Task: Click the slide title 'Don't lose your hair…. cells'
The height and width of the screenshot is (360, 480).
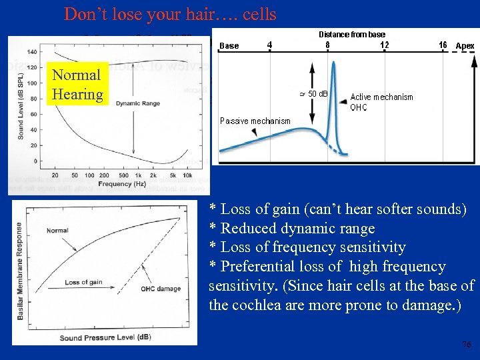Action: click(169, 13)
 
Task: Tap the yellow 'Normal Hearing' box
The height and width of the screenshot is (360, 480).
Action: click(77, 85)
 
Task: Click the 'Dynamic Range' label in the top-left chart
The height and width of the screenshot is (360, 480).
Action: click(137, 103)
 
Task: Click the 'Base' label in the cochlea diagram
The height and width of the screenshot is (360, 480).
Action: click(229, 46)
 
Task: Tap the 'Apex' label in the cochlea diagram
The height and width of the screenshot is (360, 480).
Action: click(465, 46)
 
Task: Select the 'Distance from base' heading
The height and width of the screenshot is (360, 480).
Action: click(351, 34)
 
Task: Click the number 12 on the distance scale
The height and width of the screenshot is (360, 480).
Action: click(384, 45)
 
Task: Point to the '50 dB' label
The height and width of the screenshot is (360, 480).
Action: click(317, 93)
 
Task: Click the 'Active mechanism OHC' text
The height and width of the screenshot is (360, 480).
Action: click(381, 102)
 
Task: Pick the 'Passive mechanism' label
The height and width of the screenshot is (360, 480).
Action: click(255, 121)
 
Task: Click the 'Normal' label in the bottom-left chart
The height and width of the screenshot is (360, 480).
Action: click(57, 231)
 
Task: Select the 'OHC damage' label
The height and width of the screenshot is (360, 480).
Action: click(160, 289)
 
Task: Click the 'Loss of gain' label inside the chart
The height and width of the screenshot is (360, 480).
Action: click(83, 283)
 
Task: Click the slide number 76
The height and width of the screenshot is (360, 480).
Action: click(466, 344)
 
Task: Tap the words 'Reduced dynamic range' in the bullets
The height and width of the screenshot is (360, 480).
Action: click(297, 228)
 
